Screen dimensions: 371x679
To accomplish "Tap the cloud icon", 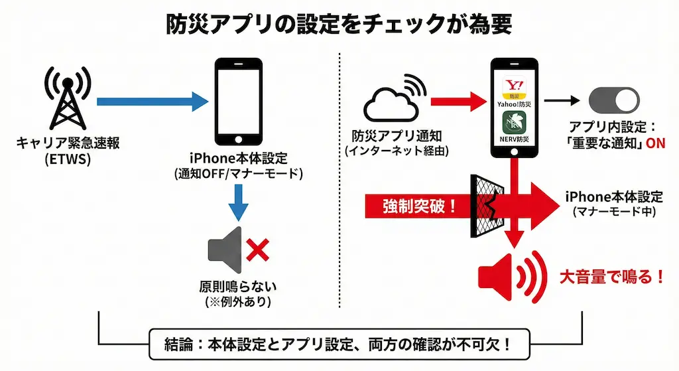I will coord(392,103).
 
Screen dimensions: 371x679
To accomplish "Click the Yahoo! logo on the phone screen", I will coord(513,85).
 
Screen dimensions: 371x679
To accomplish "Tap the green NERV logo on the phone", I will coord(513,125).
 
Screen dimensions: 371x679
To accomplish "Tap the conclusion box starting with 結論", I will coord(339,345).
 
